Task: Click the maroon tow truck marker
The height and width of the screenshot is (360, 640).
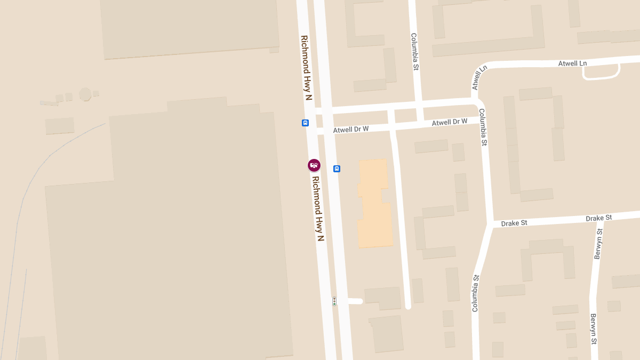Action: click(314, 165)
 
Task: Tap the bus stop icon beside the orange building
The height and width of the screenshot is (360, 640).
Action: click(337, 169)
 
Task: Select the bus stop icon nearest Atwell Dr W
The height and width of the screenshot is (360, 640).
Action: click(305, 123)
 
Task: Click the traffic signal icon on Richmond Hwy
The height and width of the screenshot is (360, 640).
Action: click(334, 301)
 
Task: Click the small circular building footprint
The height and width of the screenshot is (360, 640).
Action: click(85, 94)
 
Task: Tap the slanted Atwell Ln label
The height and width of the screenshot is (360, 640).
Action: click(479, 78)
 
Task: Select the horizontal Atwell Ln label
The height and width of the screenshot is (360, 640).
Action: click(572, 63)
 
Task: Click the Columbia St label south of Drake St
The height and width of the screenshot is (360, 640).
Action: click(475, 293)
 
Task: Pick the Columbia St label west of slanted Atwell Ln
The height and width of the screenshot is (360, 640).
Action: click(414, 52)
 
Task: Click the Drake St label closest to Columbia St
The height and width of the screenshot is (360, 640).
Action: click(514, 223)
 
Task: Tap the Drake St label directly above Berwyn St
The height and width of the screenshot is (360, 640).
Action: click(598, 218)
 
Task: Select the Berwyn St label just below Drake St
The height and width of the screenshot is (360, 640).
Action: click(598, 244)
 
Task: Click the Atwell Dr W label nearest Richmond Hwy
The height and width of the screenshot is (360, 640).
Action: click(351, 130)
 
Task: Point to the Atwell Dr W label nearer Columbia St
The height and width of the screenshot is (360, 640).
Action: click(450, 122)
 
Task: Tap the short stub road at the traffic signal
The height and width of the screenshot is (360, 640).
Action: click(352, 301)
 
